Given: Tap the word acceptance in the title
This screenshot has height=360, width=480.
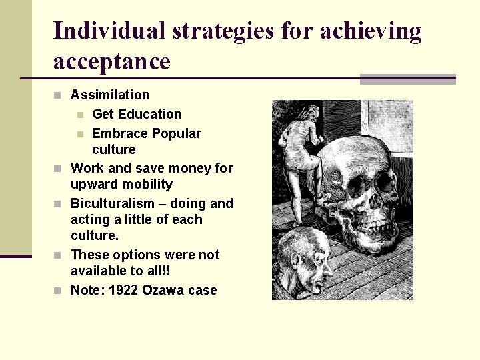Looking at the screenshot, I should [x=111, y=61].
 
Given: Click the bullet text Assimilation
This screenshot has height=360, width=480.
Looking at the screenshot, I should [x=110, y=95].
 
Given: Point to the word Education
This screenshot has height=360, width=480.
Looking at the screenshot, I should [x=151, y=114].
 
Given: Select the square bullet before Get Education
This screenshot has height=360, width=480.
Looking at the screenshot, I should [x=79, y=115].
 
